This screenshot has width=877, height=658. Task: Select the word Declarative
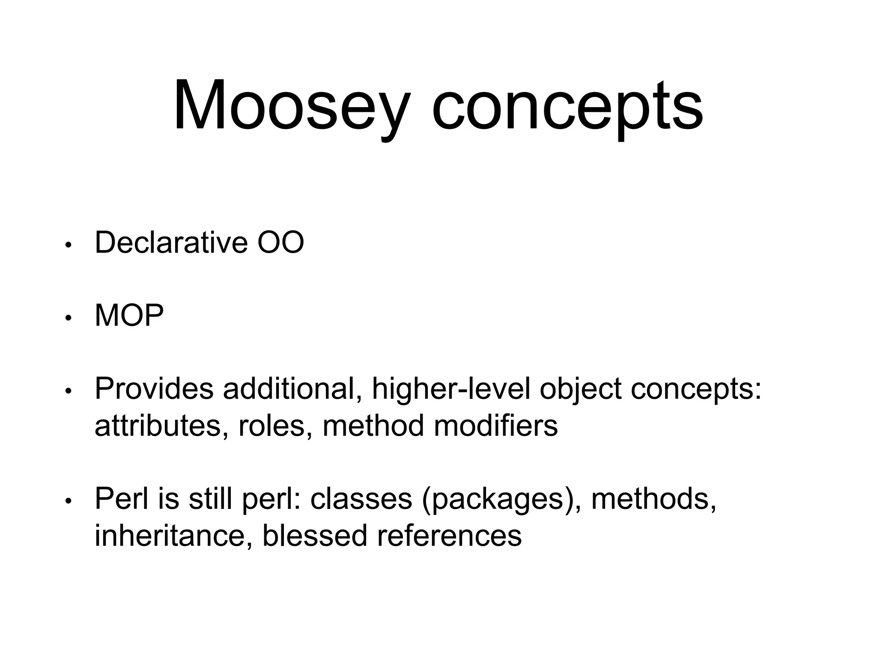[171, 242]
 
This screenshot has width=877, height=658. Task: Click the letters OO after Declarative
[280, 242]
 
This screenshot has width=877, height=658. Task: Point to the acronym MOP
[129, 316]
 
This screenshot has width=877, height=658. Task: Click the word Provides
[154, 389]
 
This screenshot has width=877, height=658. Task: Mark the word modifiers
[495, 426]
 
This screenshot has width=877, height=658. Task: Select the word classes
[361, 499]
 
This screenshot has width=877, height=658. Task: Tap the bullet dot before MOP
[67, 318]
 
